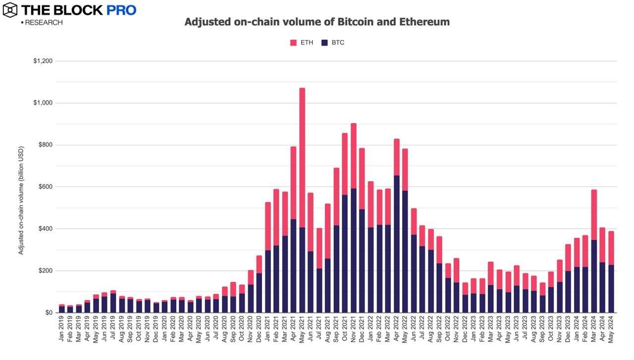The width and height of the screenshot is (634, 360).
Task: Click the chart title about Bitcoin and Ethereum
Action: tap(317, 22)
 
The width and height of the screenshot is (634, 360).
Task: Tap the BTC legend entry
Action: tap(333, 43)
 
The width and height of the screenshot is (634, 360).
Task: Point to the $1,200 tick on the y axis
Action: tap(43, 61)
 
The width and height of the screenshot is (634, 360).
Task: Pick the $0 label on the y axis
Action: tap(48, 312)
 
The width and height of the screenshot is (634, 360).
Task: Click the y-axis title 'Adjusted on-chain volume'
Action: tap(21, 201)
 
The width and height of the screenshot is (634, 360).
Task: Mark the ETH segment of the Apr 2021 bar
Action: tap(293, 183)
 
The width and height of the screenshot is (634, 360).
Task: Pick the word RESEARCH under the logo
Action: tap(44, 23)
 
